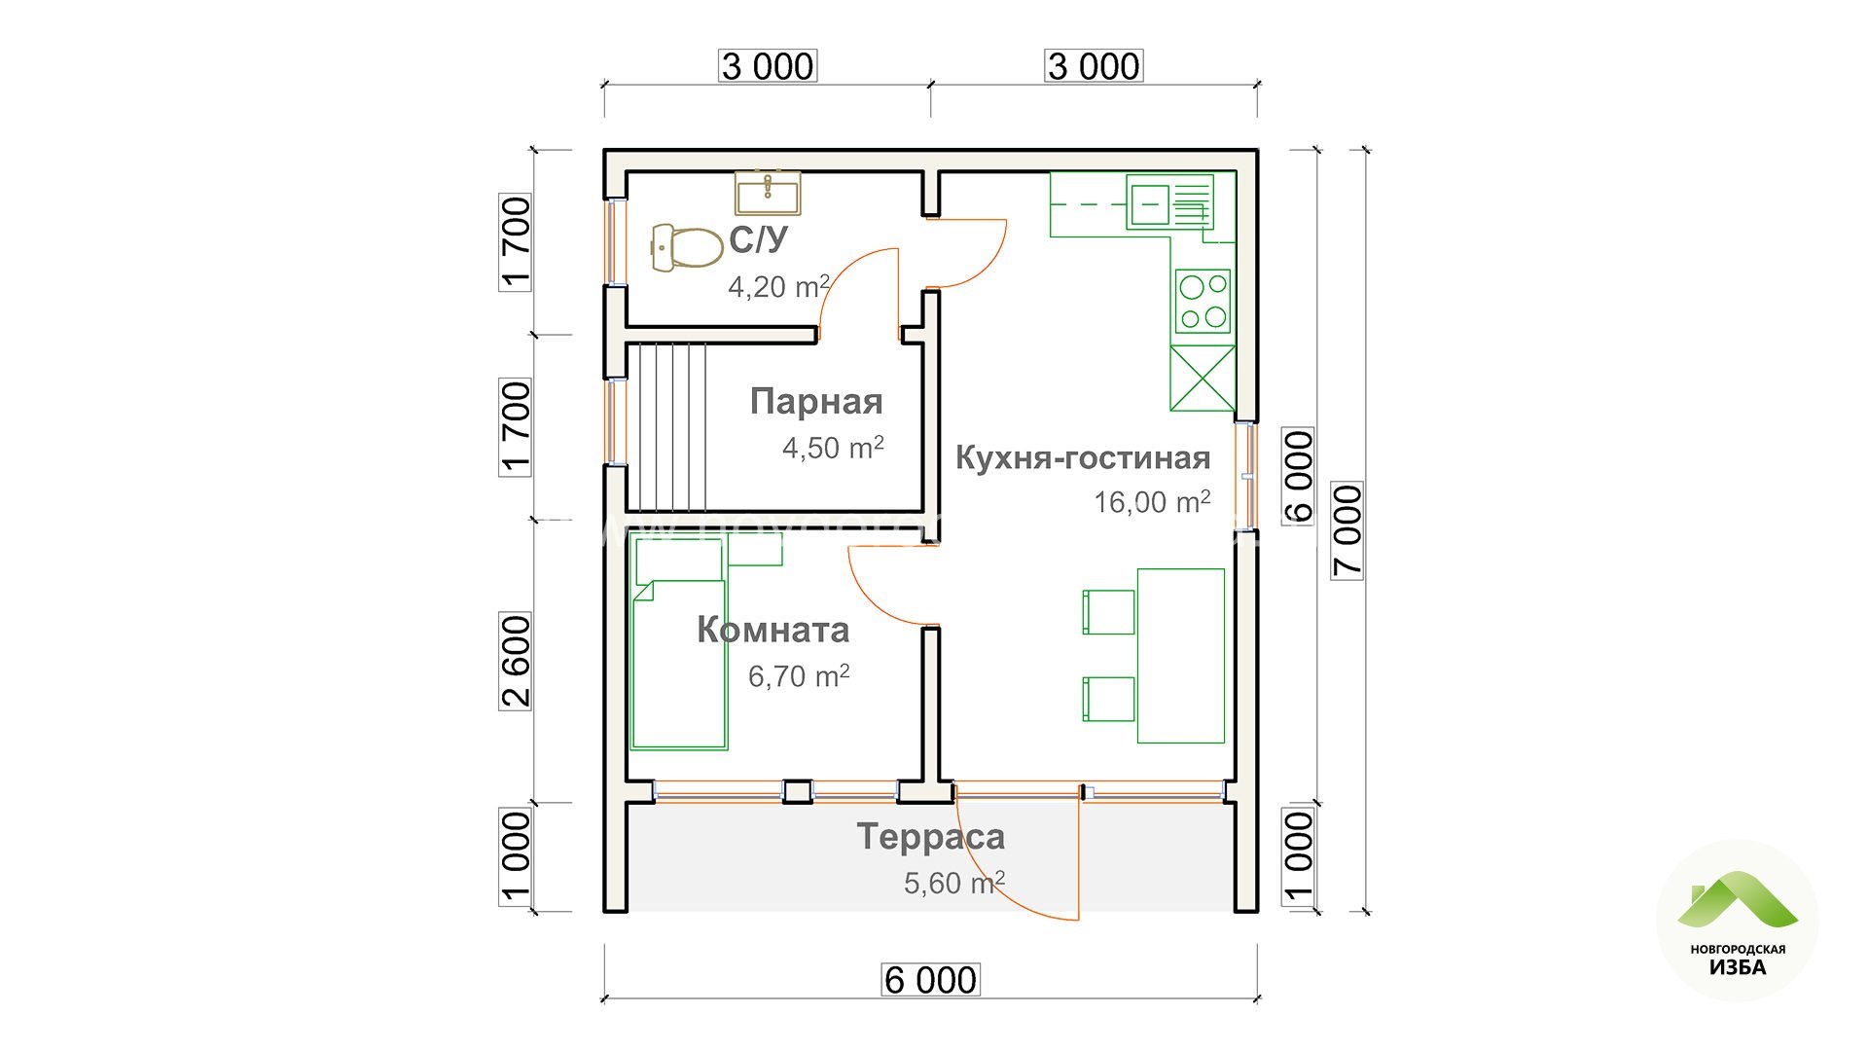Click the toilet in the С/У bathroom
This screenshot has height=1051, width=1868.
tap(686, 247)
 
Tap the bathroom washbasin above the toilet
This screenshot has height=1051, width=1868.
tap(768, 193)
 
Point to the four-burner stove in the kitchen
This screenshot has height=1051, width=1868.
tap(1203, 302)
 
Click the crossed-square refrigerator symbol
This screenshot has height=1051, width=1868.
tap(1203, 378)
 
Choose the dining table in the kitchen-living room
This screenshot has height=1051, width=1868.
tap(1181, 656)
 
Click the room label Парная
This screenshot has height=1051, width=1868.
tap(816, 402)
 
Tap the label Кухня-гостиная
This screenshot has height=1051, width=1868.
tap(1083, 457)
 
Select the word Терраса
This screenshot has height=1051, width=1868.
tap(930, 837)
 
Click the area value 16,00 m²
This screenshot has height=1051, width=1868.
tap(1152, 501)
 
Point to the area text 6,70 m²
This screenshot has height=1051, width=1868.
tap(799, 675)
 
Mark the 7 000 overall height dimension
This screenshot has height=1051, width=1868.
tap(1347, 530)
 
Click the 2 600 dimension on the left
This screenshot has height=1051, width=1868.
tap(516, 661)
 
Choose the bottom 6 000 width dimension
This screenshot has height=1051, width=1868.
tap(930, 980)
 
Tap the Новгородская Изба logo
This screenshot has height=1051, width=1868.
tap(1738, 921)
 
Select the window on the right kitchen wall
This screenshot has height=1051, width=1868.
tap(1246, 477)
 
